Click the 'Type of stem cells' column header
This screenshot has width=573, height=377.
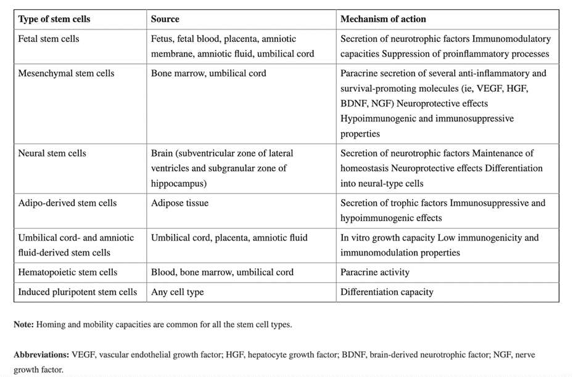pos(54,19)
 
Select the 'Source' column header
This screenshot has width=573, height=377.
pos(165,19)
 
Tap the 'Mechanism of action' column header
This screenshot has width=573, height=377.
pos(383,19)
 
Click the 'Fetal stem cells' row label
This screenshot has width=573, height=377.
pos(49,39)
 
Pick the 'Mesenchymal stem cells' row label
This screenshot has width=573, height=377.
pos(67,73)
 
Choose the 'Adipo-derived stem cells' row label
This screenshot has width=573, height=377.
pos(67,203)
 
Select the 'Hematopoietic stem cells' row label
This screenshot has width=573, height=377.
pos(68,272)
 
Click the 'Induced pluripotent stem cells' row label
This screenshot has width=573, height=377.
pos(78,292)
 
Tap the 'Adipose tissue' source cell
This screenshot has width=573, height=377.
pos(179,203)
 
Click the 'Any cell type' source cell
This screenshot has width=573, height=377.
pos(178,292)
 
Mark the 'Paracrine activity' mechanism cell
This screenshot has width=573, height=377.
pos(375,272)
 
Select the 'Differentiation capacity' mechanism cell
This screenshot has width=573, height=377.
pos(387,292)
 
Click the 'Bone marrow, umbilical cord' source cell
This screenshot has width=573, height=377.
pos(208,73)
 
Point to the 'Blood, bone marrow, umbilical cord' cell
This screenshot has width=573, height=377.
pos(222,272)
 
